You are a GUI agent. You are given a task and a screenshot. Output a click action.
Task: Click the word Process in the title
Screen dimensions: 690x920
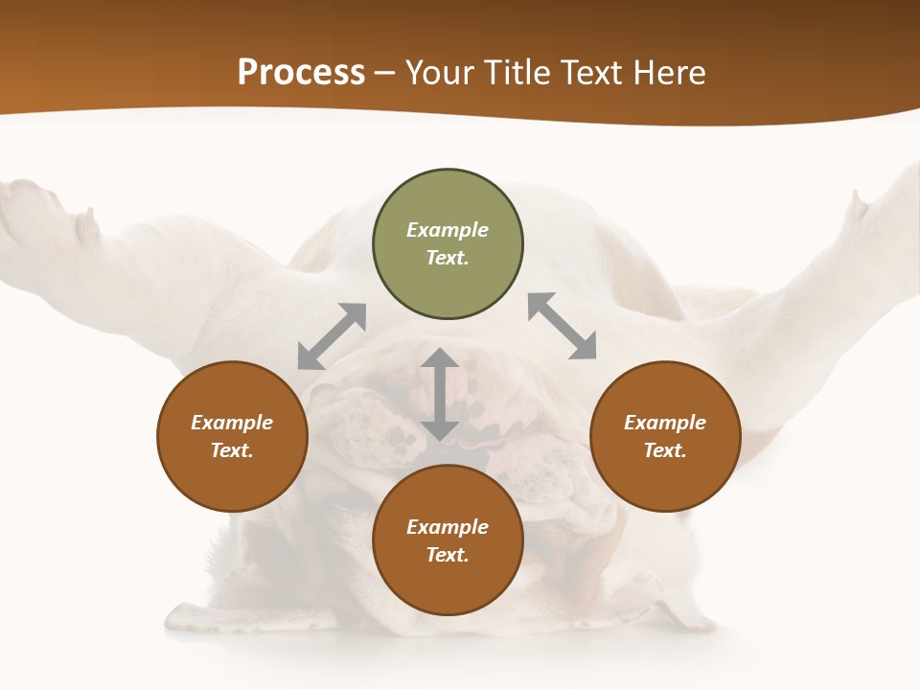point(301,73)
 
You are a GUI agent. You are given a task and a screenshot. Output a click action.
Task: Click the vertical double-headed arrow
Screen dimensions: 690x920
point(440,394)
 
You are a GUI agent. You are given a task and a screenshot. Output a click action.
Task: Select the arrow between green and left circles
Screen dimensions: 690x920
point(332,335)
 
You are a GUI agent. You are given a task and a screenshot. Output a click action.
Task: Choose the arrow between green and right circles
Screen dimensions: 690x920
point(562,327)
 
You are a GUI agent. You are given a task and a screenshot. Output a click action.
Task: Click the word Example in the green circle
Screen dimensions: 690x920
point(448,230)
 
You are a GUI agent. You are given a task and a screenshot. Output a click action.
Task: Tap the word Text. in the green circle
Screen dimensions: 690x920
point(448,258)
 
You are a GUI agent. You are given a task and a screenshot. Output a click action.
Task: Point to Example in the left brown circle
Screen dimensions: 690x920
point(232,423)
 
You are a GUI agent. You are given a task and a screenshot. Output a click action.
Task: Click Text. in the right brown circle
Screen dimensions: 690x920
point(665,450)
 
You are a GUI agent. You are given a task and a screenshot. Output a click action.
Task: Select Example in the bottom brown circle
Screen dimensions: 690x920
point(448,527)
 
